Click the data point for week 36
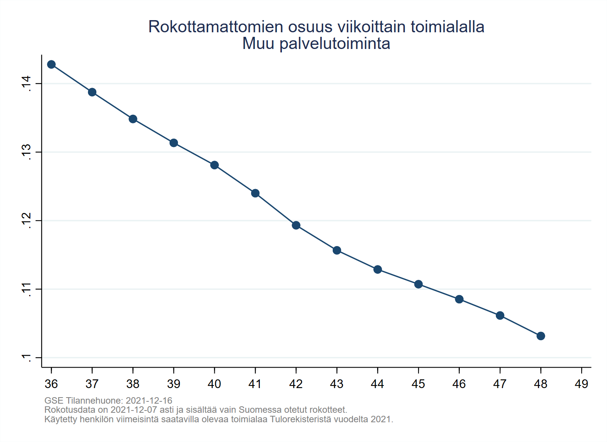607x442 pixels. point(51,65)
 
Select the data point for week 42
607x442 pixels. point(296,225)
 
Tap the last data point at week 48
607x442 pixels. point(541,336)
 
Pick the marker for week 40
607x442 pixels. point(214,165)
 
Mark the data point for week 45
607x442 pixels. point(418,284)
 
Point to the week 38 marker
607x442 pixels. point(133,119)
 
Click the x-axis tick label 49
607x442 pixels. point(581,384)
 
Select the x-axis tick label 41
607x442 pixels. point(255,384)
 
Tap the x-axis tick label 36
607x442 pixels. point(51,384)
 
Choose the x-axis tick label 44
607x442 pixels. point(377,384)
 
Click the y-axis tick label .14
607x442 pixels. point(26,83)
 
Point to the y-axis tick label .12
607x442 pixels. point(26,220)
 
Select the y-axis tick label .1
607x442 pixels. point(26,357)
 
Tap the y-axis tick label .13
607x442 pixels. point(26,152)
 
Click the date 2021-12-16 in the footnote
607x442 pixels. point(149,401)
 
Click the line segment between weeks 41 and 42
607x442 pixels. point(276,209)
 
